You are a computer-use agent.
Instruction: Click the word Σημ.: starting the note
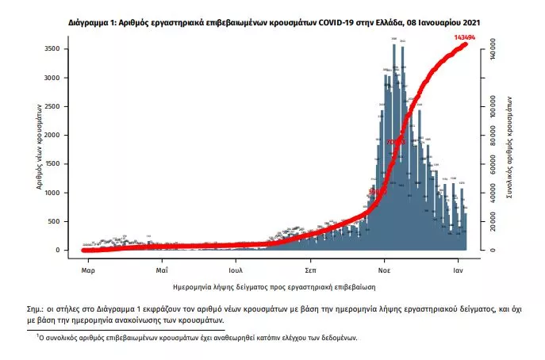tap(37, 307)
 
